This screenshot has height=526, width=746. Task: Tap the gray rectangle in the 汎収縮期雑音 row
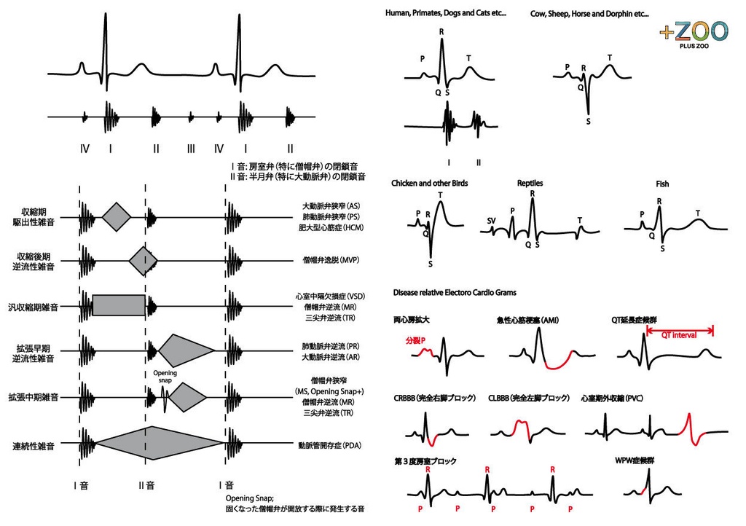pos(119,305)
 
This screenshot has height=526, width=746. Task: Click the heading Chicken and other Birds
pos(430,183)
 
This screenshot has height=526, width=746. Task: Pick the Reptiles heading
pos(530,183)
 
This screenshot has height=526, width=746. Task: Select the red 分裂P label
pos(416,340)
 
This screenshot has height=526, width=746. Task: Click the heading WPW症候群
pos(635,460)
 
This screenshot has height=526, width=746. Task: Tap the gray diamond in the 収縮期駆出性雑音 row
pos(116,216)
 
